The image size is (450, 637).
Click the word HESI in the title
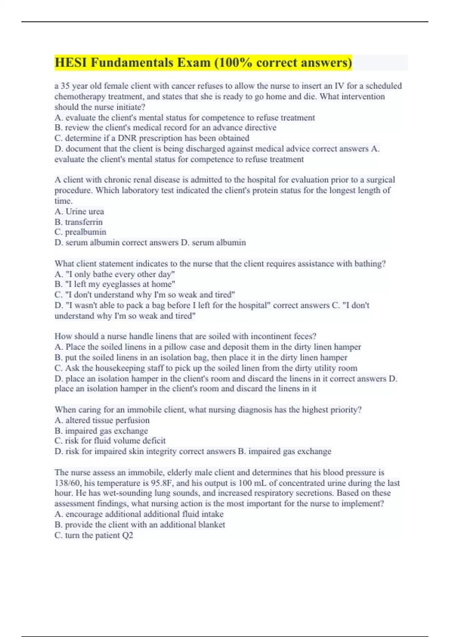point(71,63)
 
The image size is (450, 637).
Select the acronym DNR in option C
point(127,138)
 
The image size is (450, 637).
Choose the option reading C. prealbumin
point(80,232)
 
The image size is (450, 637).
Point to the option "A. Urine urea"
point(79,211)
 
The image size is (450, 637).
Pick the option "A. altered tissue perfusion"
point(102,420)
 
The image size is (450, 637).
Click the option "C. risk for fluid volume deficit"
point(110,441)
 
